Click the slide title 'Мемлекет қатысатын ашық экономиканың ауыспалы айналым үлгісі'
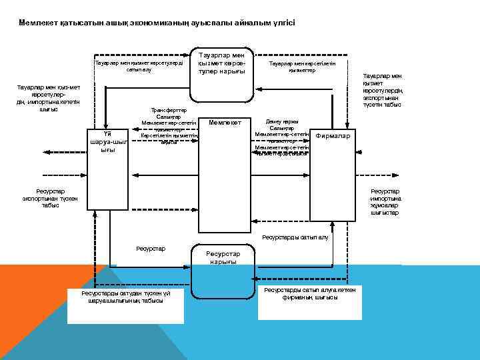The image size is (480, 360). (x=157, y=23)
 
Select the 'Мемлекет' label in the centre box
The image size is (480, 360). (x=229, y=123)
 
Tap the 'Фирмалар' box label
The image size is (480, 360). (x=336, y=136)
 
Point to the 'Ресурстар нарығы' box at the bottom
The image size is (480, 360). (x=223, y=257)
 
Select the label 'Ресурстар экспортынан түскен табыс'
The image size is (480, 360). (x=41, y=198)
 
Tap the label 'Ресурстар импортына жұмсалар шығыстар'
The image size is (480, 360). (x=385, y=202)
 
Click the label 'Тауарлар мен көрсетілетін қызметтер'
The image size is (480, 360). (x=302, y=67)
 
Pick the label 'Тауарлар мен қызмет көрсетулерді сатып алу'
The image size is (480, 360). (x=139, y=66)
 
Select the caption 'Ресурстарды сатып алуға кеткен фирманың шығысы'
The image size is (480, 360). (x=310, y=293)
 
